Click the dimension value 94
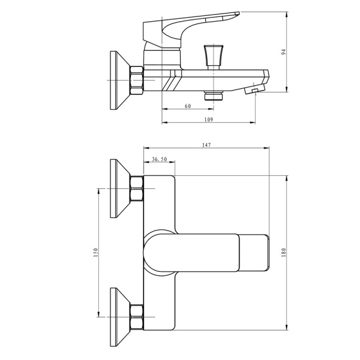tap(284, 52)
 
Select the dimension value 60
tap(188, 106)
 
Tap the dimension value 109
tap(208, 119)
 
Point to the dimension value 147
tap(206, 145)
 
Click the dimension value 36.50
tap(159, 159)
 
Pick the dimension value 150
tap(96, 252)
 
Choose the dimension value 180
tap(284, 252)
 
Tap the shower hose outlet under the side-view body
tap(214, 95)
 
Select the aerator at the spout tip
tap(254, 89)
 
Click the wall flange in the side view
tap(120, 81)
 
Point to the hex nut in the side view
tap(136, 80)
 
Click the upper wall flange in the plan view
tap(120, 188)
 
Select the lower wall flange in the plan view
tap(120, 317)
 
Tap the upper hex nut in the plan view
tap(136, 188)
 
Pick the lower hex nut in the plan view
tap(136, 317)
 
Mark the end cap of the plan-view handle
tap(254, 252)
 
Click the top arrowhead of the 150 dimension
tap(98, 191)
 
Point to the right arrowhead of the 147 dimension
tap(266, 148)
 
